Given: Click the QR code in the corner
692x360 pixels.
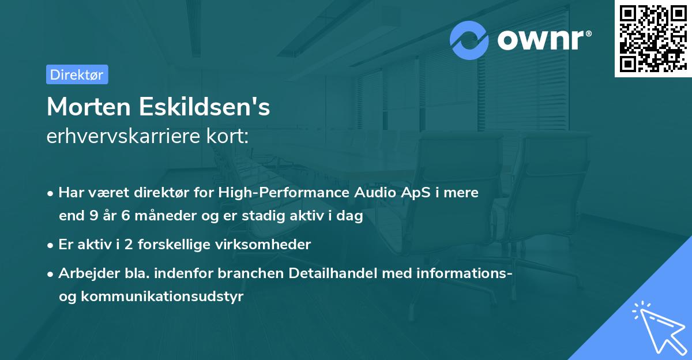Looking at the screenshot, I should point(653,39).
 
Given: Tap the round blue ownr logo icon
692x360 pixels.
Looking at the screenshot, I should point(469,40).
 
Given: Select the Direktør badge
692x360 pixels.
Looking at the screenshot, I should point(77,74).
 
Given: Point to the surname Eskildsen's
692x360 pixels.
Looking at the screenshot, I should point(204,107).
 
